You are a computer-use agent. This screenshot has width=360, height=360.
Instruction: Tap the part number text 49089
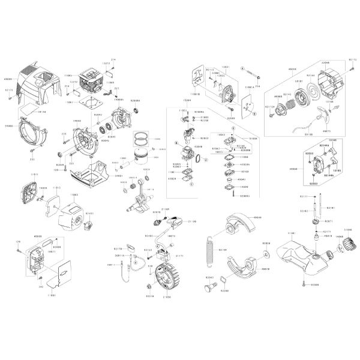(8, 78)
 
